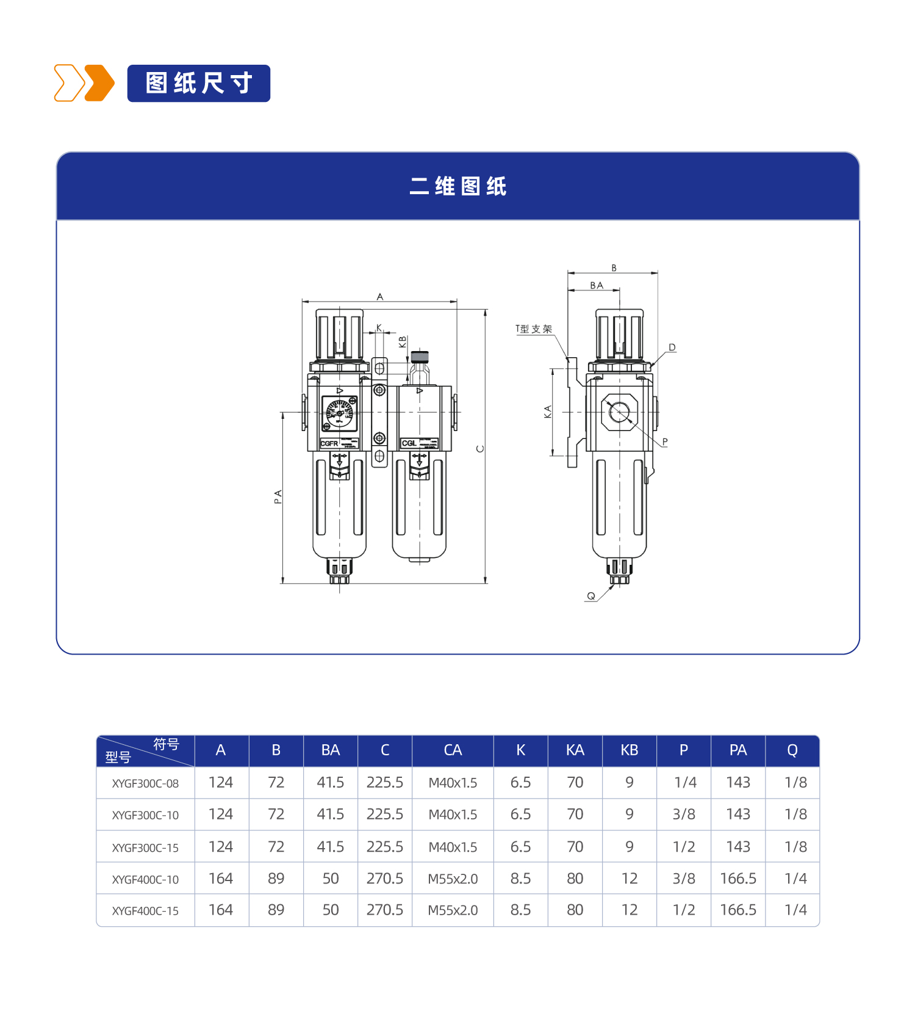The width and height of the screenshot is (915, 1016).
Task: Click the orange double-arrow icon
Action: coord(84,83)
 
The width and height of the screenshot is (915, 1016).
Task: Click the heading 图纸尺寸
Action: coord(199,83)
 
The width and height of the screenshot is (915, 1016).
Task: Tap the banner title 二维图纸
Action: coord(457,186)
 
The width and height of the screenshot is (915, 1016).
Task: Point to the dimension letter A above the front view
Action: coord(380,297)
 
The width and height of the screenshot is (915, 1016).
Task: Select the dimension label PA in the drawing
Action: coord(278,496)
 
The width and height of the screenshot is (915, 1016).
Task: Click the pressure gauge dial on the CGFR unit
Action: coord(340,413)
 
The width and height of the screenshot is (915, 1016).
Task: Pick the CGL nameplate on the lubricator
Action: coord(409,443)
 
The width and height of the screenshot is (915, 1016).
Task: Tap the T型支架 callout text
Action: coord(534,329)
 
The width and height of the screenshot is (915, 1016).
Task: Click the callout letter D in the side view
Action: coord(672,347)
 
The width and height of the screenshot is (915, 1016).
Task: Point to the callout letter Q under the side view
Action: coord(590,596)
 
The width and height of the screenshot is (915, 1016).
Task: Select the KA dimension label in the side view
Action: coord(547,412)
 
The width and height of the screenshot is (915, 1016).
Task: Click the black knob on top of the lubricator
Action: coord(420,357)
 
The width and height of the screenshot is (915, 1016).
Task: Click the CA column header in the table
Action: coord(453,750)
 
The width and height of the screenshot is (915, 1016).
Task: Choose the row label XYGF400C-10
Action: coord(145,879)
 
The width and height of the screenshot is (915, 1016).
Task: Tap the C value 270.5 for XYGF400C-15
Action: coord(385,910)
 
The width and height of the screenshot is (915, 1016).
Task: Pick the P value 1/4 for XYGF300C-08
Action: coord(685,783)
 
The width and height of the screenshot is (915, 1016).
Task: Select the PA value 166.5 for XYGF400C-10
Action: coord(738,879)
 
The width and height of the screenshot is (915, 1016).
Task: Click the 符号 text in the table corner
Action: coord(166,744)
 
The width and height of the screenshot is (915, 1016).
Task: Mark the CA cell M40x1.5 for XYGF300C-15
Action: coord(453,847)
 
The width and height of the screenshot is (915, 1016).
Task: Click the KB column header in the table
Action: coord(630,750)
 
